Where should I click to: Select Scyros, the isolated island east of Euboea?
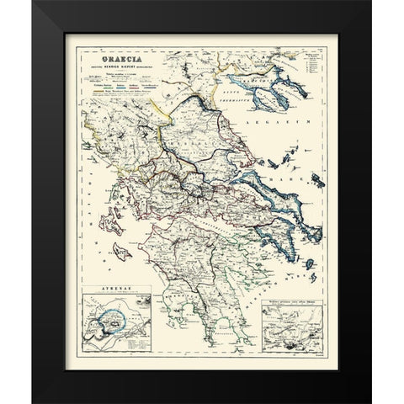(x=317, y=182)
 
